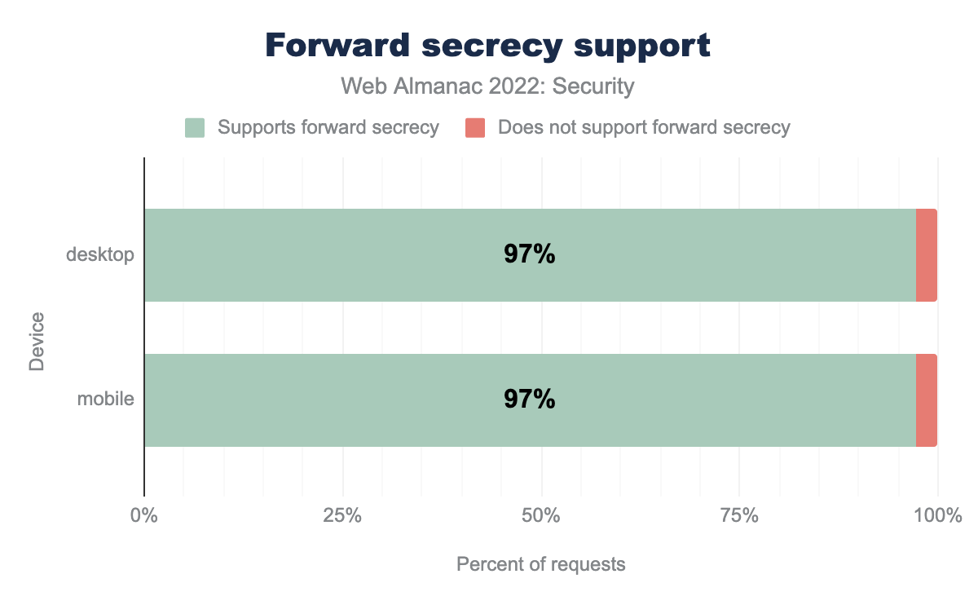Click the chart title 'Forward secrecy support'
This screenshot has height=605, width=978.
coord(488,46)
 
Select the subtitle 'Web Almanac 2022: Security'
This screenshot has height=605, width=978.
coord(488,86)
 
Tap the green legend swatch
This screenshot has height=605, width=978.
coord(195,128)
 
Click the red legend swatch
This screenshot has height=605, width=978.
coord(475,128)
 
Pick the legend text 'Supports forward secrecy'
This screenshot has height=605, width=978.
coord(328,128)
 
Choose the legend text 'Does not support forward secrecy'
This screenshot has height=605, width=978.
coord(644,128)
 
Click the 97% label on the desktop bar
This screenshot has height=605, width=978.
coord(530,255)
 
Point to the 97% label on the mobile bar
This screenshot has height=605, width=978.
coord(530,400)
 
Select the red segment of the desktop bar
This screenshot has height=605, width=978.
coord(926,255)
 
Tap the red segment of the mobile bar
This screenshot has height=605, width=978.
coord(926,400)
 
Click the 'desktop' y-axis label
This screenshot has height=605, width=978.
coord(99,255)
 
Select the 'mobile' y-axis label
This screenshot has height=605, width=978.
coord(105,400)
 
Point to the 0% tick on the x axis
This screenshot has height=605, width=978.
coord(144,516)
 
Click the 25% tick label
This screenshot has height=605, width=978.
coord(343,516)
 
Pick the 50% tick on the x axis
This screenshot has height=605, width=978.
coord(541,516)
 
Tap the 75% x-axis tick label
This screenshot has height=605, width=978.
coord(739,516)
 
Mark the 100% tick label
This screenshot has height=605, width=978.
coord(937,516)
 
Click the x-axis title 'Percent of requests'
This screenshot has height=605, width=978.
coord(540,564)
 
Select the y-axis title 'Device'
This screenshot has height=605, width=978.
coord(37,341)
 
